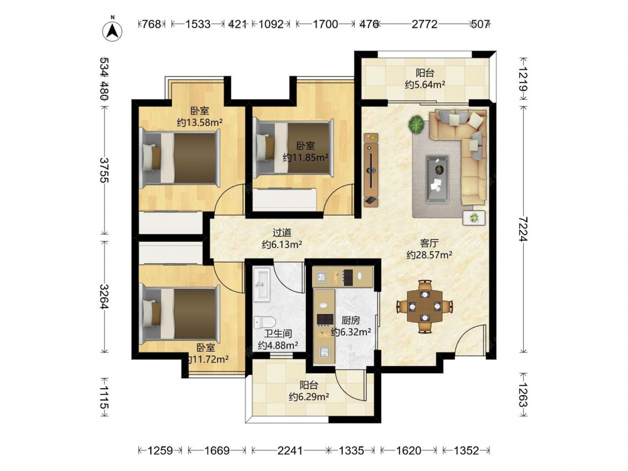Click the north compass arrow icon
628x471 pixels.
113,30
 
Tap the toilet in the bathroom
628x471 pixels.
264,322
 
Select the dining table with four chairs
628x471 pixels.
425,306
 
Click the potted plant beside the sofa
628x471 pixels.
416,124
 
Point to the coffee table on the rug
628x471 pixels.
436,179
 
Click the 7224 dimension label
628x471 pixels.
523,229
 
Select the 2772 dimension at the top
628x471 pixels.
425,24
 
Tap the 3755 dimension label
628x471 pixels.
104,170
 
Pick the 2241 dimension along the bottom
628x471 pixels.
290,451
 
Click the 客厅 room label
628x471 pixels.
430,243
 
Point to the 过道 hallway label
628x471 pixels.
282,233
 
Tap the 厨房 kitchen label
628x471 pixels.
350,320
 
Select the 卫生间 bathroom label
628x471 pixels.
278,333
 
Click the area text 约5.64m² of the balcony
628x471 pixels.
425,85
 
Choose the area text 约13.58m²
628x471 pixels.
200,122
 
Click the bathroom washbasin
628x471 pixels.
263,284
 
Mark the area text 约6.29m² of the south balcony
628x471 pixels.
309,396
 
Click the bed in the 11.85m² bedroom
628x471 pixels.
294,148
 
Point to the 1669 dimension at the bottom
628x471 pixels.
217,451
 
